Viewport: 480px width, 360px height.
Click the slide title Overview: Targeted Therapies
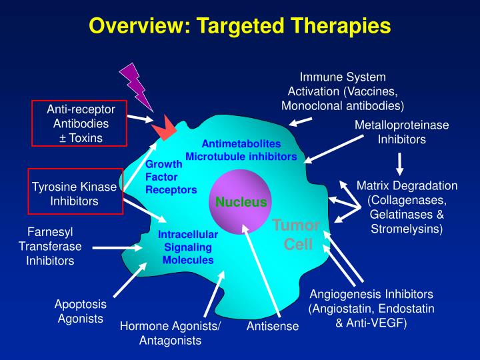(x=239, y=26)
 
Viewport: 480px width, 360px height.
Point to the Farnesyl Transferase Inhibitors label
(x=50, y=246)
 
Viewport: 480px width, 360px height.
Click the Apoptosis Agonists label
(x=79, y=311)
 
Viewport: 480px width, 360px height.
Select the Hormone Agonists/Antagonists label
(x=170, y=333)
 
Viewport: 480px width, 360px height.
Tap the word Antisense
(x=273, y=327)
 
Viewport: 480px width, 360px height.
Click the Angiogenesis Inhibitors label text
(x=371, y=309)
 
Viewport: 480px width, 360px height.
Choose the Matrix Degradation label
(x=407, y=207)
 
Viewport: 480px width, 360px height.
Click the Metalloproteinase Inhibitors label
(x=401, y=132)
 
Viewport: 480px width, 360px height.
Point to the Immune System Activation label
(x=343, y=91)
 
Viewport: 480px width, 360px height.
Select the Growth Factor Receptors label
(x=171, y=177)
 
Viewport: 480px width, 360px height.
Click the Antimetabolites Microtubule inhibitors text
(x=241, y=150)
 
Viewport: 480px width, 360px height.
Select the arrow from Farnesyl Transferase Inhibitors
(x=117, y=247)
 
